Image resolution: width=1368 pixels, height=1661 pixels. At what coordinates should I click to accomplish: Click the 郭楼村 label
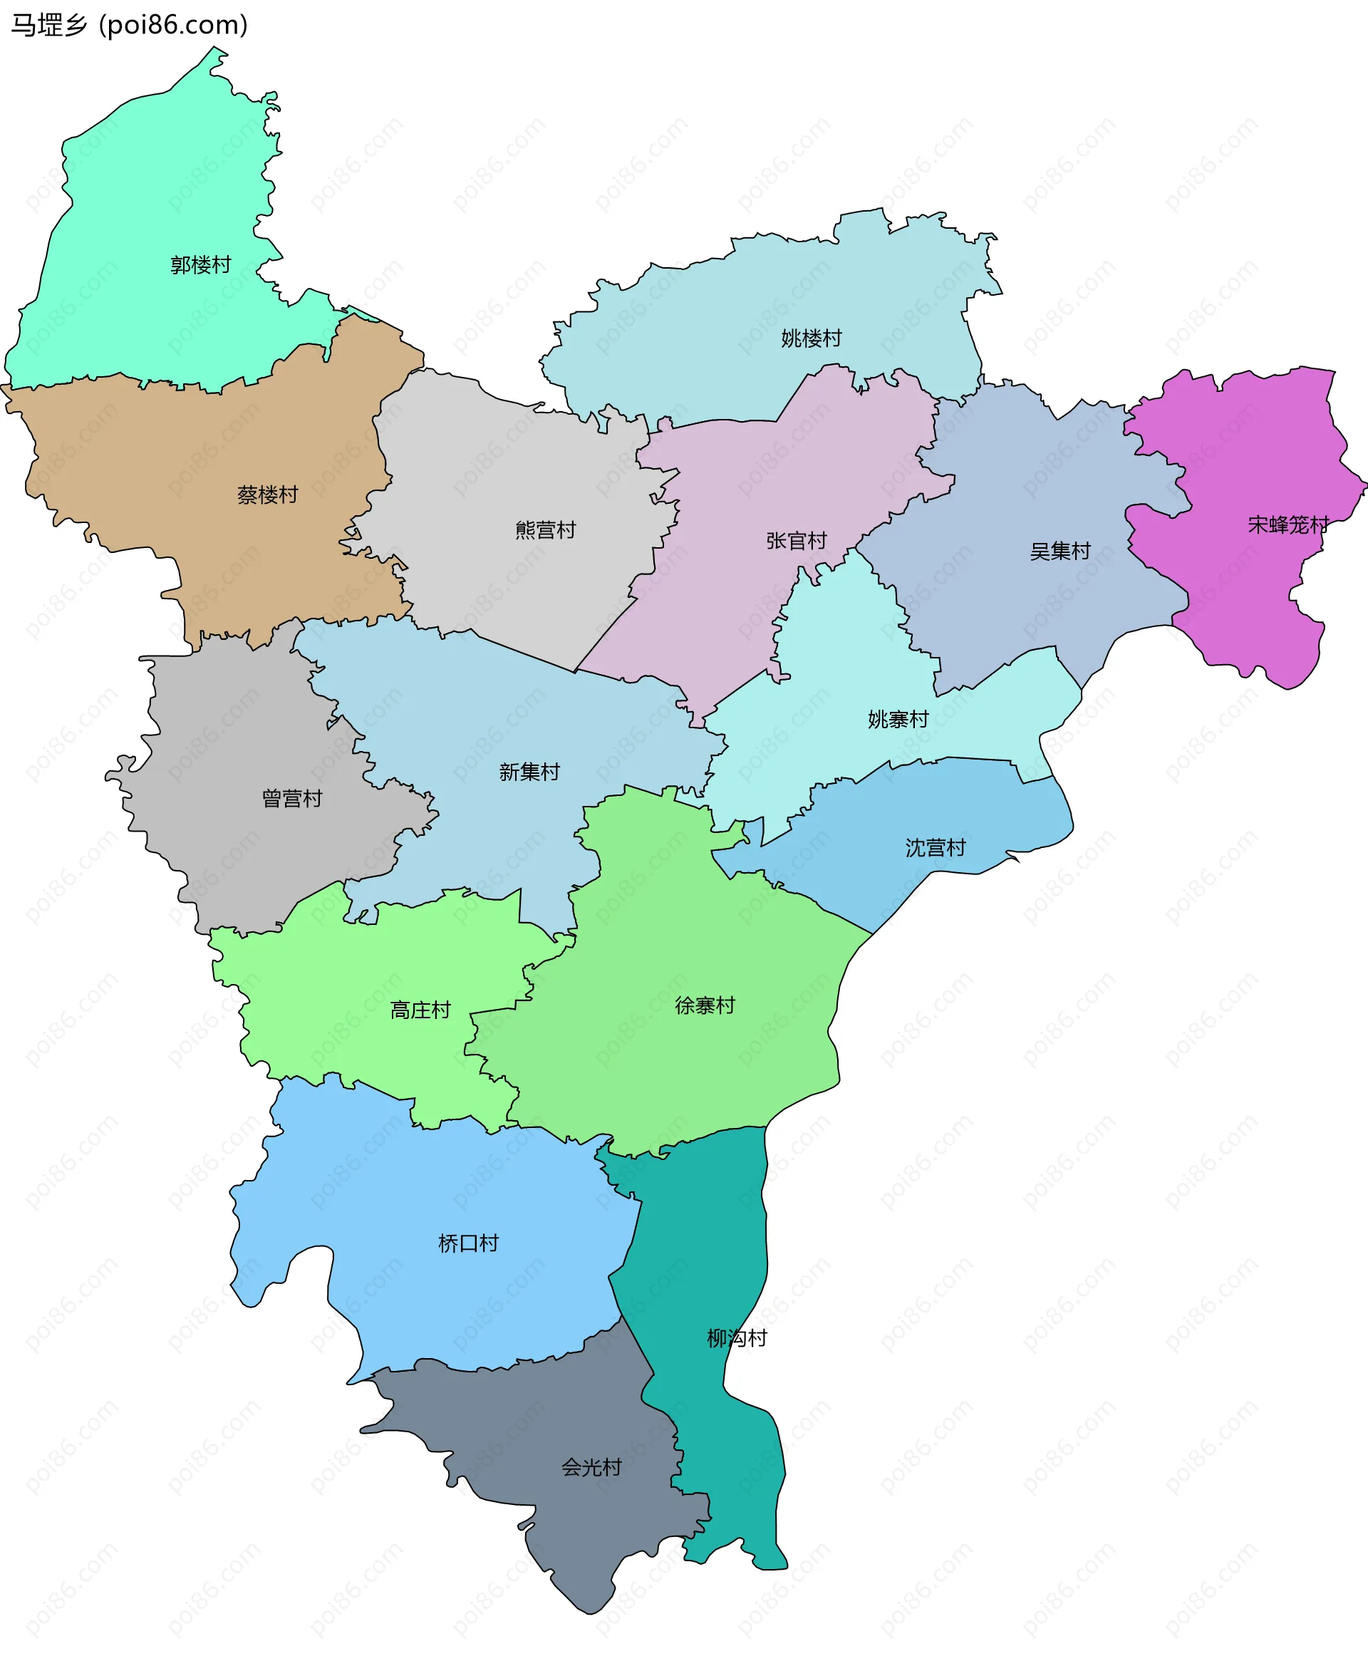coord(201,265)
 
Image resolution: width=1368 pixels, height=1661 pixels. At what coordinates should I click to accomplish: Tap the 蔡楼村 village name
coord(267,495)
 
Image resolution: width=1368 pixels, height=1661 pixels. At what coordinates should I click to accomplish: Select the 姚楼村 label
coord(811,338)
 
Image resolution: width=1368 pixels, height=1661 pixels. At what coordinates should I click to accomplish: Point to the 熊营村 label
coord(545,529)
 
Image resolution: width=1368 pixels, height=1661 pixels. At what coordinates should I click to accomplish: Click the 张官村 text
coord(796,541)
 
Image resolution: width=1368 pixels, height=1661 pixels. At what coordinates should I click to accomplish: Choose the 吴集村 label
coord(1060,551)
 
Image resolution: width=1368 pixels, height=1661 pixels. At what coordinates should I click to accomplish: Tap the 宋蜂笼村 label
coord(1287,524)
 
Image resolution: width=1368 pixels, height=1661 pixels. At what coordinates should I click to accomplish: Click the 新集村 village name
coord(529,772)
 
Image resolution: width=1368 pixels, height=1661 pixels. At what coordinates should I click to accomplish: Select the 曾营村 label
coord(291,798)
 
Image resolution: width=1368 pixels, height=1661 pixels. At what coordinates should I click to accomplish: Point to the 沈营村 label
coord(935,848)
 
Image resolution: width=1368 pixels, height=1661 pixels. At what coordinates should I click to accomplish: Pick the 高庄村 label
coord(420,1010)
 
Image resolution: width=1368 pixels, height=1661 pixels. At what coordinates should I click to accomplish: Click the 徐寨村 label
coord(705,1005)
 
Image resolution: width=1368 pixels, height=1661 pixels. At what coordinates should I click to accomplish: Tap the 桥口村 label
coord(468,1243)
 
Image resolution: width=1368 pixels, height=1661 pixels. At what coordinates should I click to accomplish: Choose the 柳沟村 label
coord(736,1338)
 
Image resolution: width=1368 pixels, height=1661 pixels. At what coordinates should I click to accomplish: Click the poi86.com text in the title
coord(173,25)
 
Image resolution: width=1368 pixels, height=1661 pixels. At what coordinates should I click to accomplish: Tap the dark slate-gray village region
coord(551,1497)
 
